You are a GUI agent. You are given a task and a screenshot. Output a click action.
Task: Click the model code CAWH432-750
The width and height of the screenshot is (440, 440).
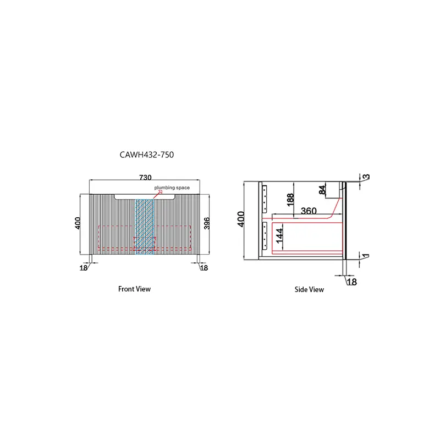coord(147,155)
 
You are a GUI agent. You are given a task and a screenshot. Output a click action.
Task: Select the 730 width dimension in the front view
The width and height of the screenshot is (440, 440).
coord(145,178)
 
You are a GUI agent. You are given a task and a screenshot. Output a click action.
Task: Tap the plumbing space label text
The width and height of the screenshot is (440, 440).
coord(172,188)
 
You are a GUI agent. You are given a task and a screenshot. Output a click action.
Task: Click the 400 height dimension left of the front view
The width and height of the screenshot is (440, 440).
coord(78,223)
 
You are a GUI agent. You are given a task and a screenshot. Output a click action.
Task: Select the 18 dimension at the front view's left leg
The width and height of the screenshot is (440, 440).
coord(84,268)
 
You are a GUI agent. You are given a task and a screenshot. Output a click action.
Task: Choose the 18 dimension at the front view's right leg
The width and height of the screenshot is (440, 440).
coord(204,268)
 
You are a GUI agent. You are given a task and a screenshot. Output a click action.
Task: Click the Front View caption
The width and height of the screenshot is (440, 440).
coord(134,289)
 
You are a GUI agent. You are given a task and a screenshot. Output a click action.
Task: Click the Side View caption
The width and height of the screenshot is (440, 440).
coord(309,289)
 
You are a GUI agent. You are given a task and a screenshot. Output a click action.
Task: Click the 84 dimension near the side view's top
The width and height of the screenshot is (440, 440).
coord(322,190)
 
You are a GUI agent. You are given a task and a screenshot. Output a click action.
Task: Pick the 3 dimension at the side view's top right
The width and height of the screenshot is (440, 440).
coord(366,177)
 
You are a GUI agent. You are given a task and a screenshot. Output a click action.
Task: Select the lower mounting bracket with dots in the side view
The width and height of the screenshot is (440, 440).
coord(265,235)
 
